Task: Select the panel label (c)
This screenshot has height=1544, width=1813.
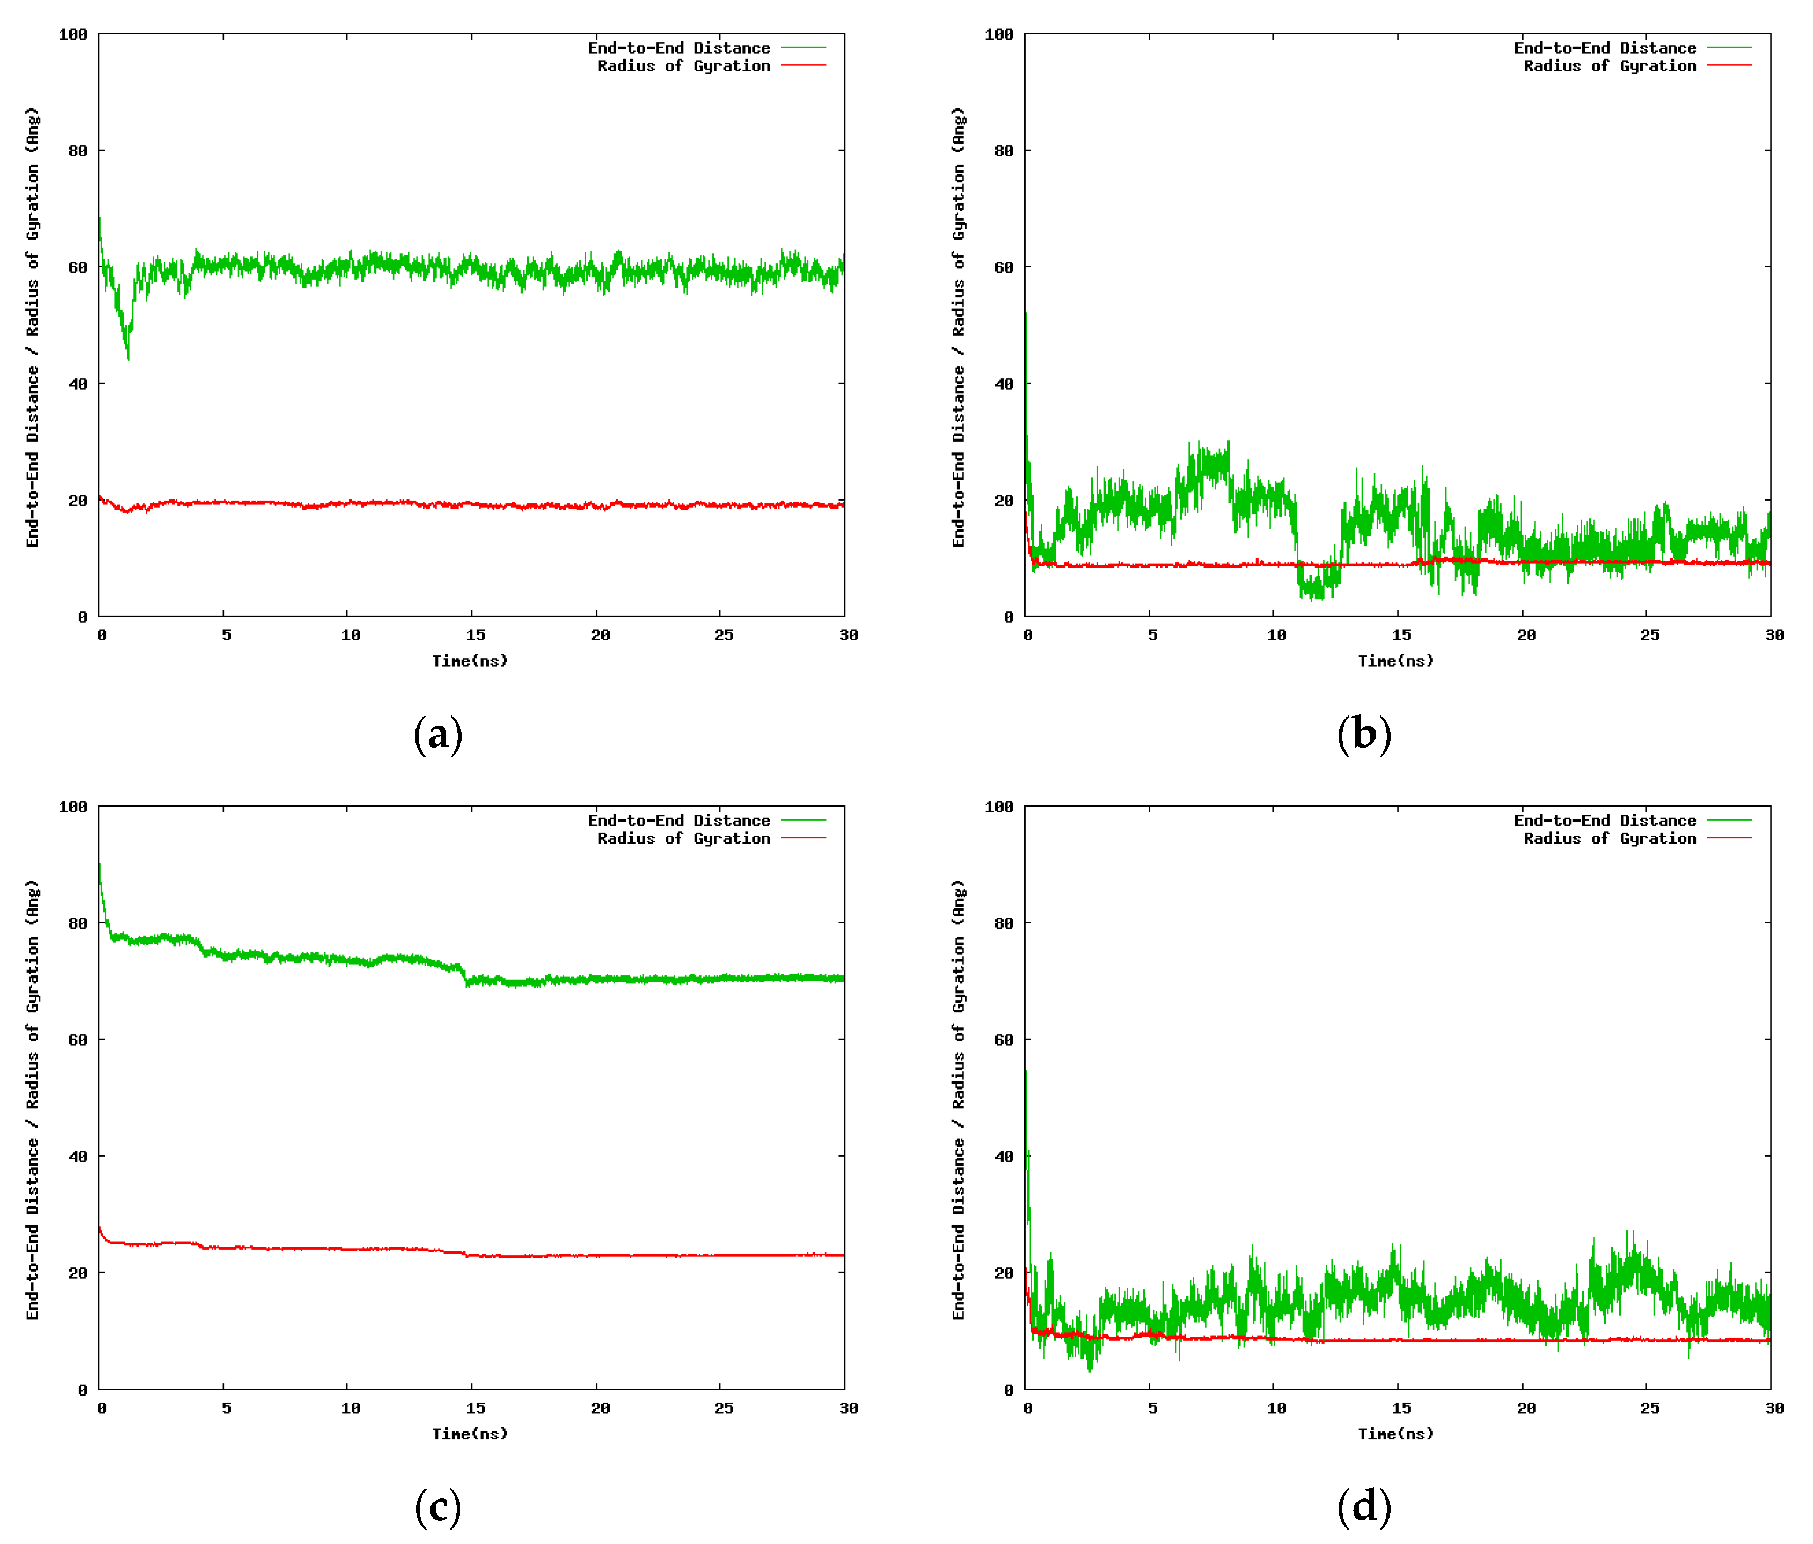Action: (x=437, y=1506)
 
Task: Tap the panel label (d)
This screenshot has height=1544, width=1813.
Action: (x=1363, y=1506)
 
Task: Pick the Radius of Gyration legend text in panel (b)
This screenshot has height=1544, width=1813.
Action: (x=1609, y=65)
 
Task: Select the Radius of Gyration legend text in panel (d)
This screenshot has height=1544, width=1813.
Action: (x=1609, y=838)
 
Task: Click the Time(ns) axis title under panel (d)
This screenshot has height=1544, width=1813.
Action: (x=1395, y=1434)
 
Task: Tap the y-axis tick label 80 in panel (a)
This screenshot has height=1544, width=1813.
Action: (x=78, y=151)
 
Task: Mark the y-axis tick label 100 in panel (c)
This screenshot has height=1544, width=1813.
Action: (x=73, y=807)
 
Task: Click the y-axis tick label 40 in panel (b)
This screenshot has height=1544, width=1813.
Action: (x=1004, y=384)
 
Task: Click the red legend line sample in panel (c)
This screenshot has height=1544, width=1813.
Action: (x=803, y=838)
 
